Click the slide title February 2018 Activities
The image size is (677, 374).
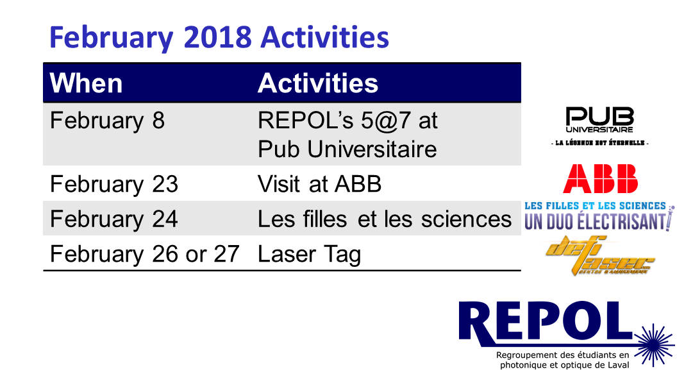pos(219,38)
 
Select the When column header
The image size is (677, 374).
pos(87,83)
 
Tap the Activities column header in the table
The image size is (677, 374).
pos(318,83)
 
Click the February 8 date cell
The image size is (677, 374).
pos(107,121)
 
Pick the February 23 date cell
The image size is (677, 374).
pos(114,184)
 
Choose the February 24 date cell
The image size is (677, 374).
pos(114,219)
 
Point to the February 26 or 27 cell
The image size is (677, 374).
pos(145,254)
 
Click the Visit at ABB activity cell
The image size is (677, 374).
pos(319,184)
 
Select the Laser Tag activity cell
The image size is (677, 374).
pos(309,255)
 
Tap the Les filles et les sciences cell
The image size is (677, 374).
pos(385,219)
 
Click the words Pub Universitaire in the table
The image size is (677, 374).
pos(347,149)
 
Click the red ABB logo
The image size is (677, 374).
pos(601,178)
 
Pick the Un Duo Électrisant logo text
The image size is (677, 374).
pos(598,221)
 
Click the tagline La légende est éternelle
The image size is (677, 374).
pos(599,143)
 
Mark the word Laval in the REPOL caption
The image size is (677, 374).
pos(619,366)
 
